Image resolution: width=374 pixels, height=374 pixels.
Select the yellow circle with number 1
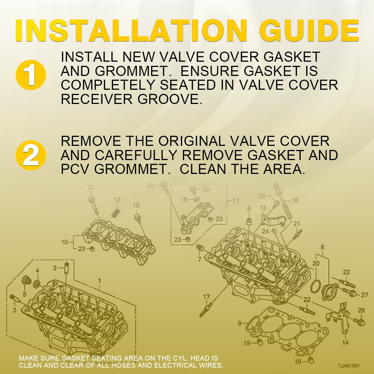(x=31, y=74)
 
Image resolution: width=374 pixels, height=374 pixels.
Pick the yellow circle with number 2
(x=31, y=155)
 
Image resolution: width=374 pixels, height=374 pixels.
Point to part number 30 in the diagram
(x=91, y=187)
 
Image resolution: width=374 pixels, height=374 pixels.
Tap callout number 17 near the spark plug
(x=206, y=297)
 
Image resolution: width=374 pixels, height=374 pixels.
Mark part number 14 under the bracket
(x=345, y=343)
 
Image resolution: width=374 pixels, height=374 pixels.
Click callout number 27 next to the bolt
(x=364, y=295)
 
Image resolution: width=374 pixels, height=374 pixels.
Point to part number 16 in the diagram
(x=295, y=200)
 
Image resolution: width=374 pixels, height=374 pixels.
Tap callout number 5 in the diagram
(x=25, y=294)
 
